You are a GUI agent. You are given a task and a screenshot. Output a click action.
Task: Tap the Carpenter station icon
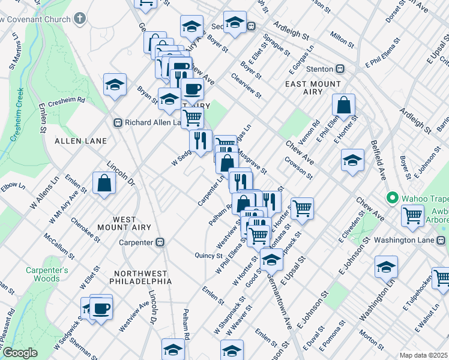tap(160, 242)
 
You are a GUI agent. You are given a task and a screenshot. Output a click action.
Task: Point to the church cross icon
tap(80, 19)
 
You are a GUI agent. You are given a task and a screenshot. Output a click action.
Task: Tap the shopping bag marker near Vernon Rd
tap(343, 105)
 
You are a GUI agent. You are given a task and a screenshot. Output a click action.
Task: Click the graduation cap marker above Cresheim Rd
tap(115, 85)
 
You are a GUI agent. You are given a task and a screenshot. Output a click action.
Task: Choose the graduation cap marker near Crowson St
tap(352, 160)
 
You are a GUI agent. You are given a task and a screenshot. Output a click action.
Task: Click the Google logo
tap(20, 353)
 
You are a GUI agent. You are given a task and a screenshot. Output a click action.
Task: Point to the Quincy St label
tap(209, 256)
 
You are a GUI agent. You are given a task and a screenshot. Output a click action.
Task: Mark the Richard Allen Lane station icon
tap(118, 122)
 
